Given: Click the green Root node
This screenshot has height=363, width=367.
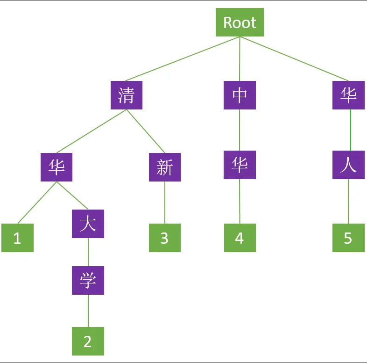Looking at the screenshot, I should tap(240, 22).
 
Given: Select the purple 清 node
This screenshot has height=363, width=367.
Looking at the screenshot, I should tap(127, 95).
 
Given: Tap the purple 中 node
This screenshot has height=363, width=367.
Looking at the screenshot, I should tap(240, 95).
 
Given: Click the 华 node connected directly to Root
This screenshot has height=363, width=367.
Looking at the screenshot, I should tap(348, 95).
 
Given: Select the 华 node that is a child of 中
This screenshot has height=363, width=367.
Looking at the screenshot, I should tap(240, 165).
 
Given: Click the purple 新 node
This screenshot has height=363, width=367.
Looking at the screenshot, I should tap(165, 167).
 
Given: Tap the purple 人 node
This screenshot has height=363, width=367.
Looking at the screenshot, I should tap(348, 165).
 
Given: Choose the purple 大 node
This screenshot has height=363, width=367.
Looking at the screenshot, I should tap(88, 224).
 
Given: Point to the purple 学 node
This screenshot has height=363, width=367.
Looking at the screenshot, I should tap(88, 280).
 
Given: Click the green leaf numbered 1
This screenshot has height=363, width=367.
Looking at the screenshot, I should tap(17, 238).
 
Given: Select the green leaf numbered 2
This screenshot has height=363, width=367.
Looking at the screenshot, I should tap(88, 341).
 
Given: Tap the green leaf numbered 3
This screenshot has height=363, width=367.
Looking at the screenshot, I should tap(164, 238).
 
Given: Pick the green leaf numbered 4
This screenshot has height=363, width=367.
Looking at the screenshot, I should tap(240, 238).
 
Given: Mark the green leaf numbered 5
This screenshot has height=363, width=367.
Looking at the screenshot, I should tap(348, 238).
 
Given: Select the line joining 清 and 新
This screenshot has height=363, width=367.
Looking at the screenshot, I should tap(145, 131).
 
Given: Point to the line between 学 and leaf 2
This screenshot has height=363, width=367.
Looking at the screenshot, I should tap(88, 311).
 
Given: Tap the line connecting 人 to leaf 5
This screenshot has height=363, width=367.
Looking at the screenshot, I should tap(348, 201).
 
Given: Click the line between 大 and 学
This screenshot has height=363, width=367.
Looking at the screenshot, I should tap(88, 252).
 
